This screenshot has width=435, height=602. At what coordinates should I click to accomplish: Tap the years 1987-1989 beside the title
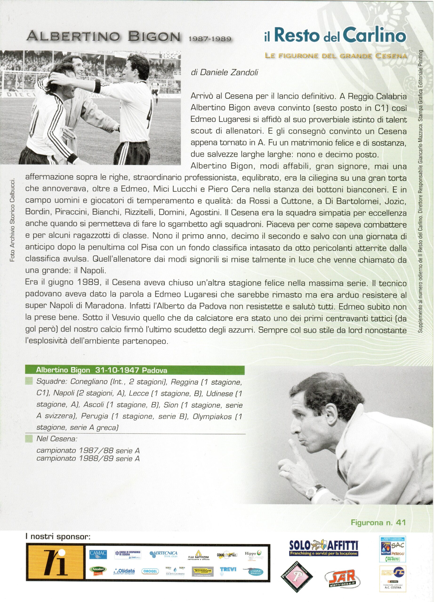209,39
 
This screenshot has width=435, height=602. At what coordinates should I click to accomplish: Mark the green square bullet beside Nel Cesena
28,439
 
